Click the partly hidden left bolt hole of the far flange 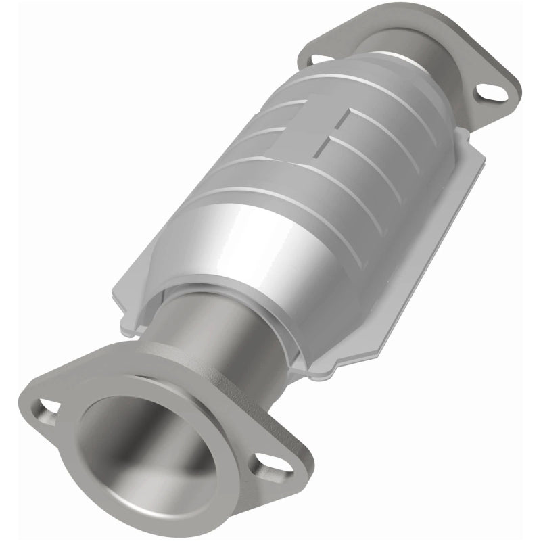[x=316, y=60]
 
